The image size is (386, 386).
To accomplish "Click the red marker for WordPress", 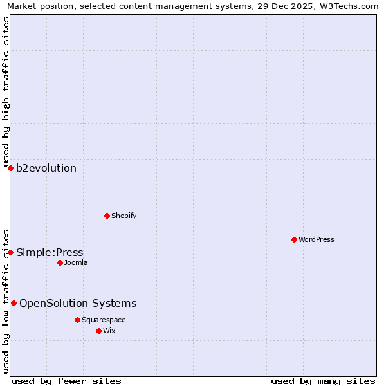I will click(294, 239).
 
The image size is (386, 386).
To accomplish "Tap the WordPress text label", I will click(317, 239).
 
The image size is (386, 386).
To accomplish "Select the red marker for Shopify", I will click(107, 216).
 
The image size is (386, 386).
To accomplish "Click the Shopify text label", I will click(124, 216).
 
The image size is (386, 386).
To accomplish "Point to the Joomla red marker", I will click(60, 262).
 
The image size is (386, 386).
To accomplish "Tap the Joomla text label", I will click(76, 262).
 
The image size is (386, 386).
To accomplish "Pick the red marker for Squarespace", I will click(77, 320).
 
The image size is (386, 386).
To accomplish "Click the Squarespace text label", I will click(104, 320).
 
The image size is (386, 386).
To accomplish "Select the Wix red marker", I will click(98, 331).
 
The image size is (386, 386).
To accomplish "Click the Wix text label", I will click(109, 331).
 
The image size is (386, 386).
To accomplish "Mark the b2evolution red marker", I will click(10, 168).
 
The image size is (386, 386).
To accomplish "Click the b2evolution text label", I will click(46, 169).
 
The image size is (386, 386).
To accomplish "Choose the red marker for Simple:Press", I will click(10, 252).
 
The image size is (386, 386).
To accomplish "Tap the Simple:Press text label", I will click(50, 252).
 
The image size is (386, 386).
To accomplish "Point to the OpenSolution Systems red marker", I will click(14, 303).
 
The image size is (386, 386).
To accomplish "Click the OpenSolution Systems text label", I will click(78, 304).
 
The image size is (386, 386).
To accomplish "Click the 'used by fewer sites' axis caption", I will click(66, 381).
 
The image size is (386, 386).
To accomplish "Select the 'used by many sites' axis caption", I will click(323, 381).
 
